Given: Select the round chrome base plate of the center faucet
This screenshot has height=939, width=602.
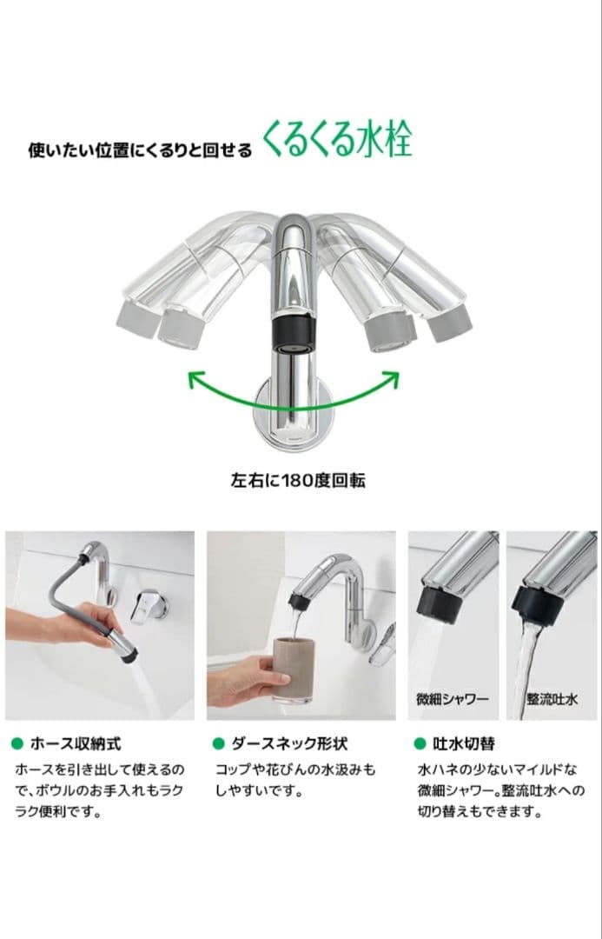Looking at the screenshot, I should (x=294, y=417).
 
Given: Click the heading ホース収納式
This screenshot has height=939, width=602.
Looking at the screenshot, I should (x=76, y=743).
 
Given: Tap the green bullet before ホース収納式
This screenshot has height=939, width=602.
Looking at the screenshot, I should (x=17, y=744).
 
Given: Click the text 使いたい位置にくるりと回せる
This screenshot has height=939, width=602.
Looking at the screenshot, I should (x=140, y=150).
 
